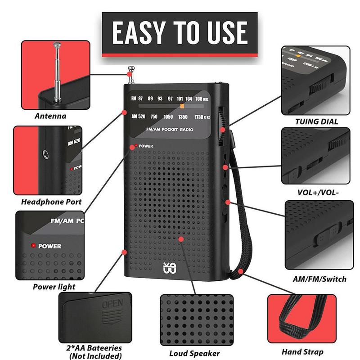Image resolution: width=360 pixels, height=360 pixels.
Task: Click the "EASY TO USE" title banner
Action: (x=180, y=32)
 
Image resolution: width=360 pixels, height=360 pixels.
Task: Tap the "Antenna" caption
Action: (x=50, y=116)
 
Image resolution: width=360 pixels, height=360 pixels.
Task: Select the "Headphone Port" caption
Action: (x=52, y=202)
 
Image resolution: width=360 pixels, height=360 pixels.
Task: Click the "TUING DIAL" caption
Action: (x=316, y=121)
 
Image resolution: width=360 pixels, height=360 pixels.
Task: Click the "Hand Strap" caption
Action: (x=302, y=351)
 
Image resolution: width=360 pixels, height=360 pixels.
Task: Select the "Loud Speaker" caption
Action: (x=194, y=353)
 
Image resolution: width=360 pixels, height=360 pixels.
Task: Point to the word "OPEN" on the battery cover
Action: (x=112, y=304)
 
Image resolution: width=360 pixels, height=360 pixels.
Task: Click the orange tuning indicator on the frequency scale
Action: (x=182, y=106)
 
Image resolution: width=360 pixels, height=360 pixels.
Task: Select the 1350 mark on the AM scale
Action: (x=182, y=117)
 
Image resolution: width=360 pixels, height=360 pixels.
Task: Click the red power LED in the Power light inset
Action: (x=33, y=246)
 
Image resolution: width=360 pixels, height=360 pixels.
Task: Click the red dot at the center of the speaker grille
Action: (x=180, y=239)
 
